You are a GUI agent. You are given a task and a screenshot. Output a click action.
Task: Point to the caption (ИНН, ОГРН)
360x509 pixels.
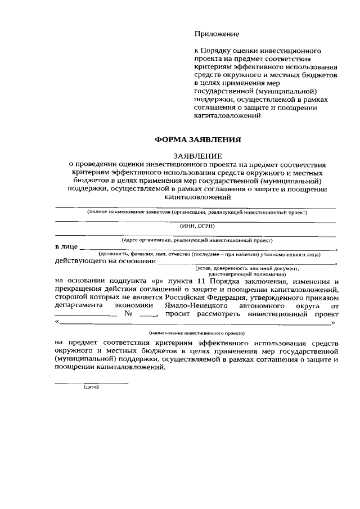(x=196, y=226)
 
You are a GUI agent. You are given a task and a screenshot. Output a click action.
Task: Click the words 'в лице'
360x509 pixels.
(x=66, y=247)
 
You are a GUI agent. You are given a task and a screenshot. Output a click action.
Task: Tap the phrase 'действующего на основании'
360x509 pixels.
(x=105, y=261)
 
